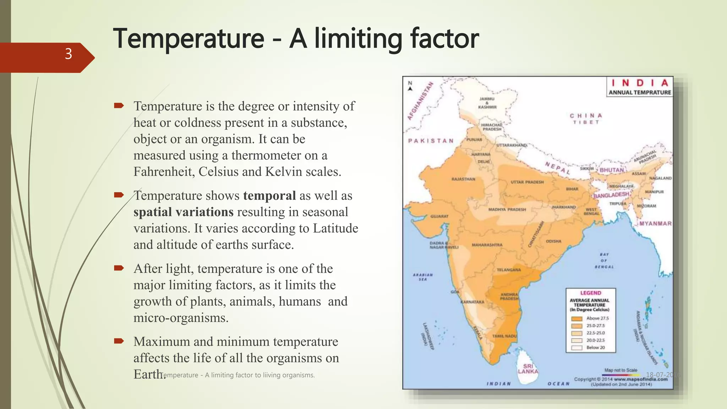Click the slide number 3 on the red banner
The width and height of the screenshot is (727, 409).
pos(69,54)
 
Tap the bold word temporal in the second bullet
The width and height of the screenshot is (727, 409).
pos(269,196)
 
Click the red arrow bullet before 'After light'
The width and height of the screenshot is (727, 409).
pos(119,268)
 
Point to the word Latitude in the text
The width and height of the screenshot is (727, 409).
pos(335,228)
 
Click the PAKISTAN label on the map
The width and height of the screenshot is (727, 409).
pos(431,141)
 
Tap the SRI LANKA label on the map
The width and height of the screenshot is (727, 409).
pos(528,369)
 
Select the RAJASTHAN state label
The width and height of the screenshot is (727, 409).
pos(463,179)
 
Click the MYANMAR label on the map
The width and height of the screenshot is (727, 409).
pos(655,224)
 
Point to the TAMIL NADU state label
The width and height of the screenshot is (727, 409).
pos(504,336)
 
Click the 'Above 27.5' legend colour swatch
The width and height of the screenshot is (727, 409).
pos(577,318)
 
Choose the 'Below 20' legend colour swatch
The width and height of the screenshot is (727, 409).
pos(577,348)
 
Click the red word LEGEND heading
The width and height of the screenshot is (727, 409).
pos(591,293)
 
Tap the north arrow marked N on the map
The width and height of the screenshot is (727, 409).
pos(410,86)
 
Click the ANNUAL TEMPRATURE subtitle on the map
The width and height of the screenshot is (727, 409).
pos(640,92)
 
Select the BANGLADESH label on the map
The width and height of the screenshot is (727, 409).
pos(611,195)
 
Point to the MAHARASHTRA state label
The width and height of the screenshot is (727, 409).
pos(487,245)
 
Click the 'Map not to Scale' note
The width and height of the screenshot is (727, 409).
pos(621,370)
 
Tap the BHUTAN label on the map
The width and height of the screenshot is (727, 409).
pos(612,170)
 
